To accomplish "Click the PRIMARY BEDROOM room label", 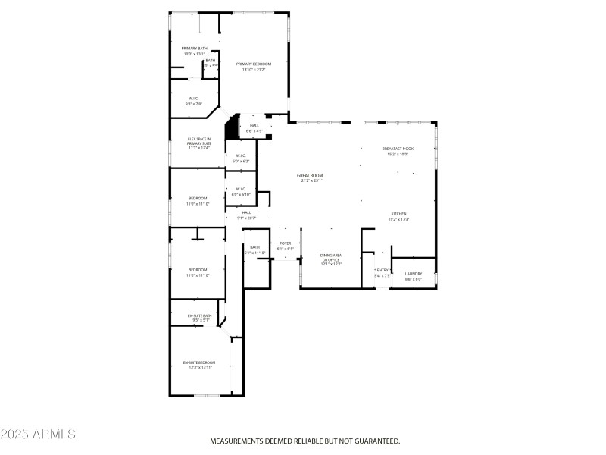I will pos(253,64).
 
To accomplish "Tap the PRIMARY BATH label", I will pos(194,49).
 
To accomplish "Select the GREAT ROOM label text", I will pos(311,175).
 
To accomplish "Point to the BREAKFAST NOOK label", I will pos(398,149).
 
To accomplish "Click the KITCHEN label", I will pos(399,214).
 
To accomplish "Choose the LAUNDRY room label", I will pos(413,274).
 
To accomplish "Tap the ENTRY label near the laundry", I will pos(383,270).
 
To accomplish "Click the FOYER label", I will pos(285,243).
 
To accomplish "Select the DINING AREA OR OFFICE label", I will pos(331,257).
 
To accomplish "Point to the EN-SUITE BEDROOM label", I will pos(199,362).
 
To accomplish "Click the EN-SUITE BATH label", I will pos(199,315).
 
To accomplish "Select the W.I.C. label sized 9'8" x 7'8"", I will pos(194,99).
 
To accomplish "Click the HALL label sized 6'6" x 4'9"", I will pos(255,126).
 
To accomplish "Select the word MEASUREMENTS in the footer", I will pos(237,441).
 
